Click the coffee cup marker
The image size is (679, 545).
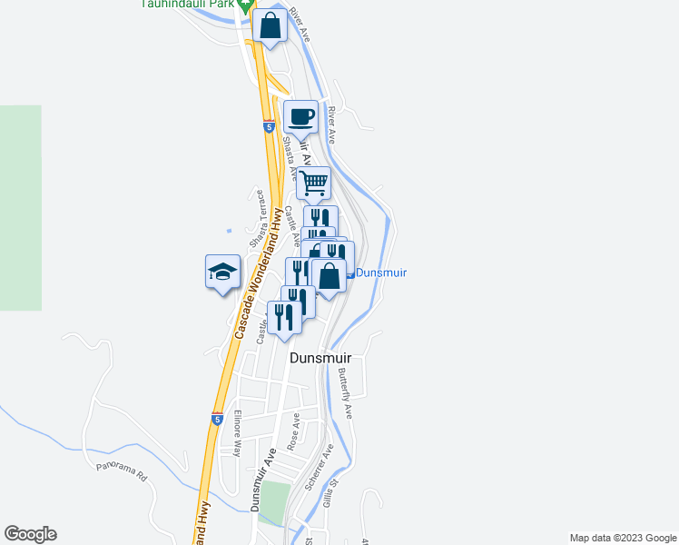coord(301,117)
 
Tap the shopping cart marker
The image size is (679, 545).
coord(313,183)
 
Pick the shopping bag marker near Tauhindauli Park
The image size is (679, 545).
coord(271,25)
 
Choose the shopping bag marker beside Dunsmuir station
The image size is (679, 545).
coord(329,275)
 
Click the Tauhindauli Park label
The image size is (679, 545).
coord(186,4)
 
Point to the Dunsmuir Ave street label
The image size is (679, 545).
coord(263,481)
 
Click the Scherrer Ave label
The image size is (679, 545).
coord(320,467)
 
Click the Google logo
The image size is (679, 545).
coord(30,534)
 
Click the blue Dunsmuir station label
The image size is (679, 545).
coord(380,272)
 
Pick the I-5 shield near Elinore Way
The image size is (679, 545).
coord(217,419)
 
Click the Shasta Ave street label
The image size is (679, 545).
coord(289,156)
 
